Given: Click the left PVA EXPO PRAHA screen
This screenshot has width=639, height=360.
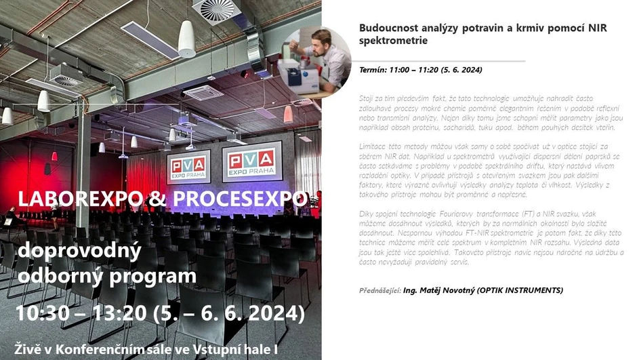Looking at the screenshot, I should click(188, 166).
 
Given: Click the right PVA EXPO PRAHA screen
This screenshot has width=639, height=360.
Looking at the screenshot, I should click(251, 161).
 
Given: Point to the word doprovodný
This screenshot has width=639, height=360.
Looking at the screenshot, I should click(79, 252).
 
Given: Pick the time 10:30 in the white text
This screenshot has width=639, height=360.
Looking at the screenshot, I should click(43, 314).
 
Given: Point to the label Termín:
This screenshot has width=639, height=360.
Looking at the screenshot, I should click(373, 70).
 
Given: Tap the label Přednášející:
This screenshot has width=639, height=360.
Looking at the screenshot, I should click(379, 290).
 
